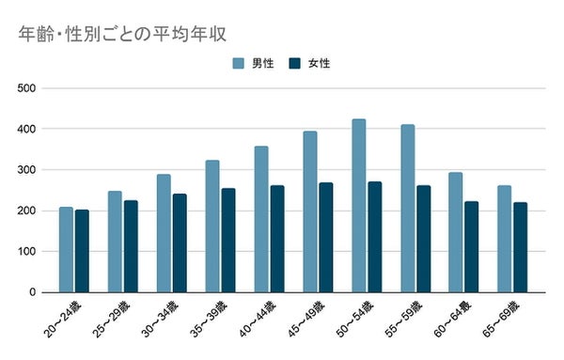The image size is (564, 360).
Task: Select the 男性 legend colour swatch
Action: point(240,64)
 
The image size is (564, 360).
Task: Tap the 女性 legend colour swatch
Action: point(295,64)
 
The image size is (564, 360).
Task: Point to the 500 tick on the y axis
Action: point(26,88)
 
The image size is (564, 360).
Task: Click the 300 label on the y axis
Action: point(26,170)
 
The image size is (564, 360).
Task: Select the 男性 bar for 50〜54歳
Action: point(358,206)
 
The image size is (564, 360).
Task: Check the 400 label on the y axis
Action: point(26,129)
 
